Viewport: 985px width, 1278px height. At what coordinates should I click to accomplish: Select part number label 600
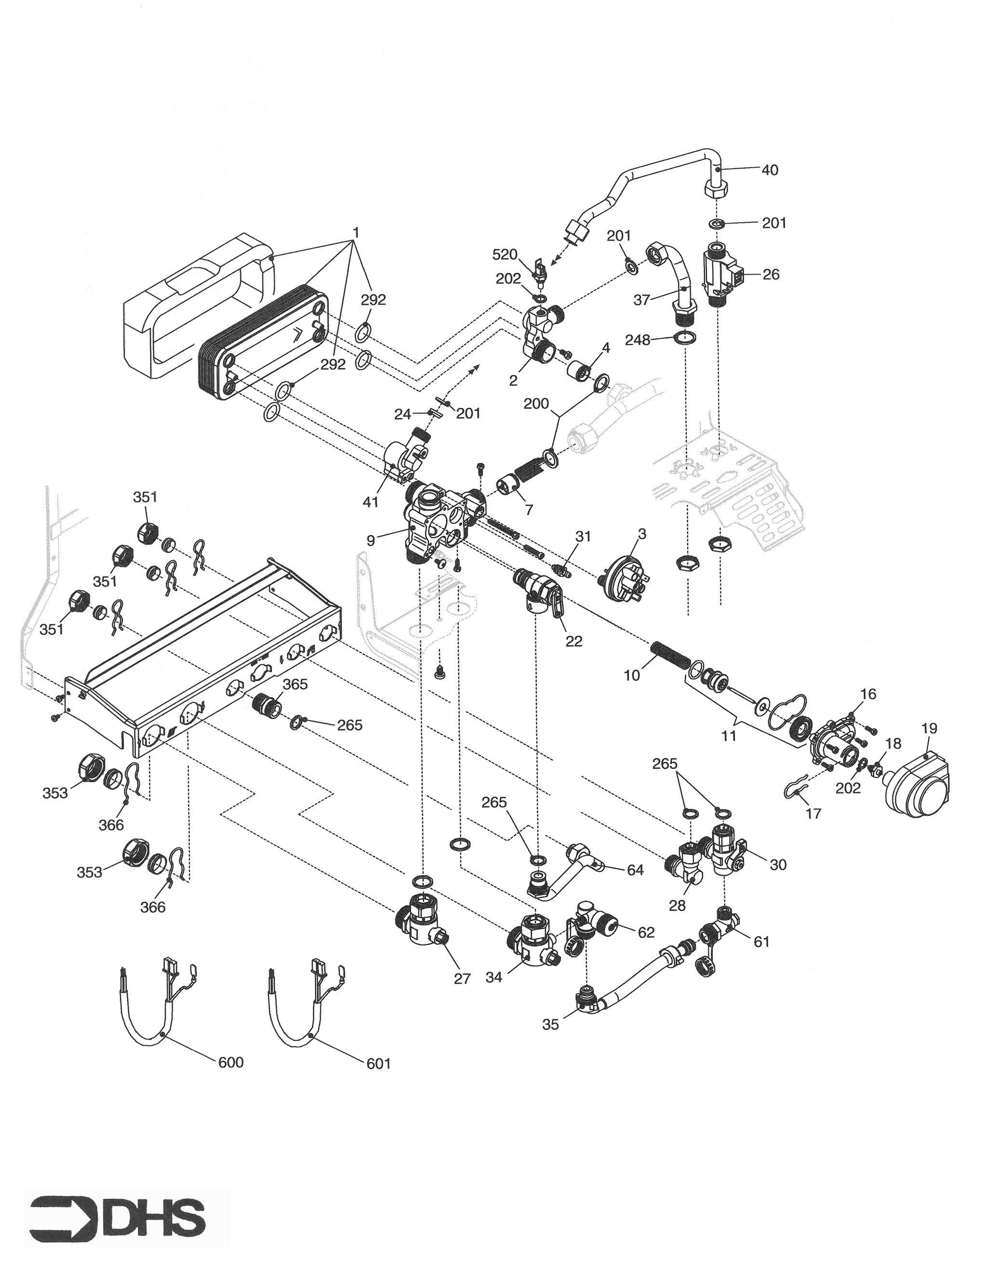click(231, 1062)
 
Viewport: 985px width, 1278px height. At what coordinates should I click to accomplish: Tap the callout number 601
click(378, 1063)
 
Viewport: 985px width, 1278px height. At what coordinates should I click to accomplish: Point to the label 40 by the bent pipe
click(770, 170)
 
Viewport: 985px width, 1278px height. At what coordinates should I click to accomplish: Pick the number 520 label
click(505, 254)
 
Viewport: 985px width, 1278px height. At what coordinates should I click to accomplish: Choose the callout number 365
click(295, 684)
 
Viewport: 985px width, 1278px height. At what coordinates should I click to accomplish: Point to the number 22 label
click(573, 641)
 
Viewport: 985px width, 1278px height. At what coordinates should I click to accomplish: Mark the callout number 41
click(371, 501)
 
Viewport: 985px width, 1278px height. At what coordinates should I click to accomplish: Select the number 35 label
click(550, 1025)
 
